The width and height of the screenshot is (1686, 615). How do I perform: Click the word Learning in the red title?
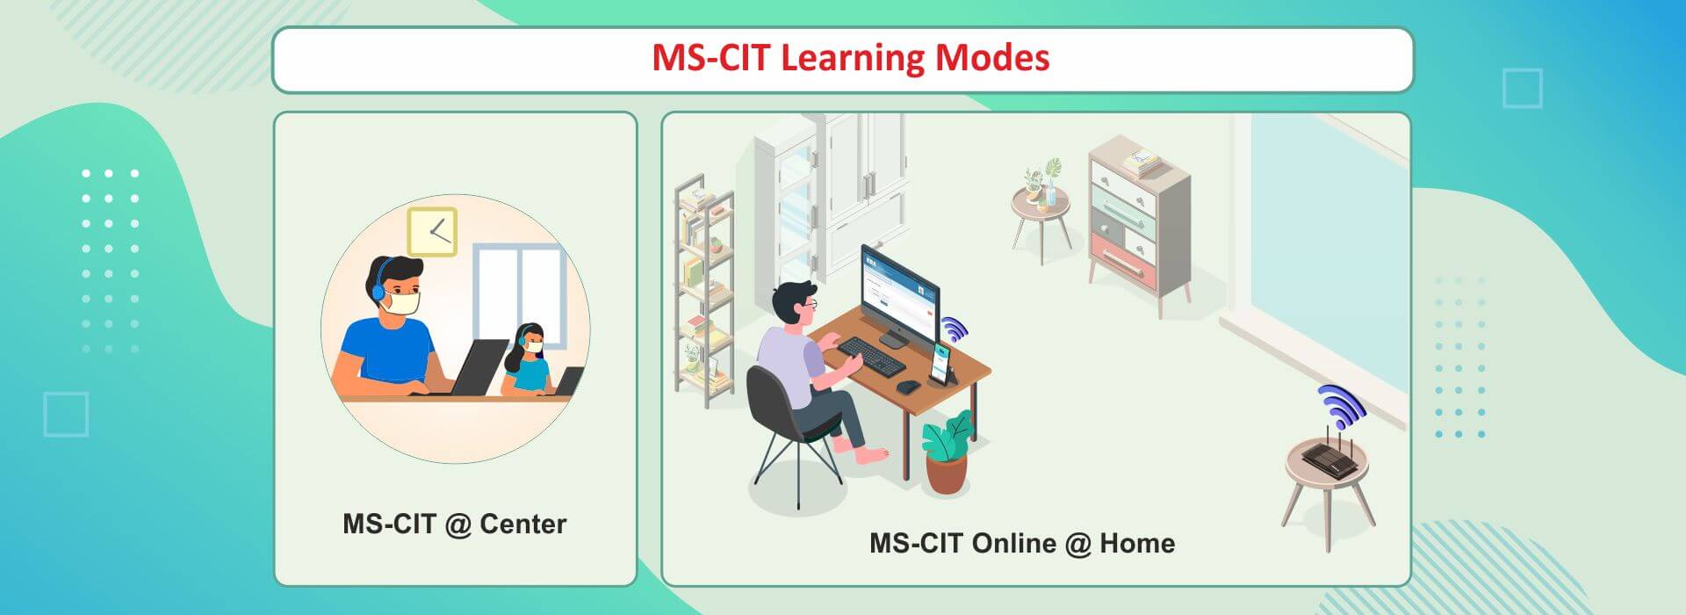(x=851, y=59)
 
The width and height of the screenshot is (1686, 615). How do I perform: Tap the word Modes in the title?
(x=992, y=58)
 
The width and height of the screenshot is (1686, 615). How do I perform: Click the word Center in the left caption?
(x=523, y=525)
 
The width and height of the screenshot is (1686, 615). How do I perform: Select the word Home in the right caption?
(x=1137, y=543)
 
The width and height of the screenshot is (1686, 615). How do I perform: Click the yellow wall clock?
(x=432, y=232)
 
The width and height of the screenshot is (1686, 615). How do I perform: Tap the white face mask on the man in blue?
(x=403, y=303)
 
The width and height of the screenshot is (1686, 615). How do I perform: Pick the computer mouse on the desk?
(x=908, y=386)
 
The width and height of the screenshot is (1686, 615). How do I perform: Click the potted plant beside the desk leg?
(x=947, y=452)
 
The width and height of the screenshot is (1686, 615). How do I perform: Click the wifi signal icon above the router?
(x=1341, y=404)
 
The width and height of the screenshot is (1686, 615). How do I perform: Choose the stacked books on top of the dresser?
(x=1139, y=163)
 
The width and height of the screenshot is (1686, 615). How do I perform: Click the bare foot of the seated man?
(x=871, y=456)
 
